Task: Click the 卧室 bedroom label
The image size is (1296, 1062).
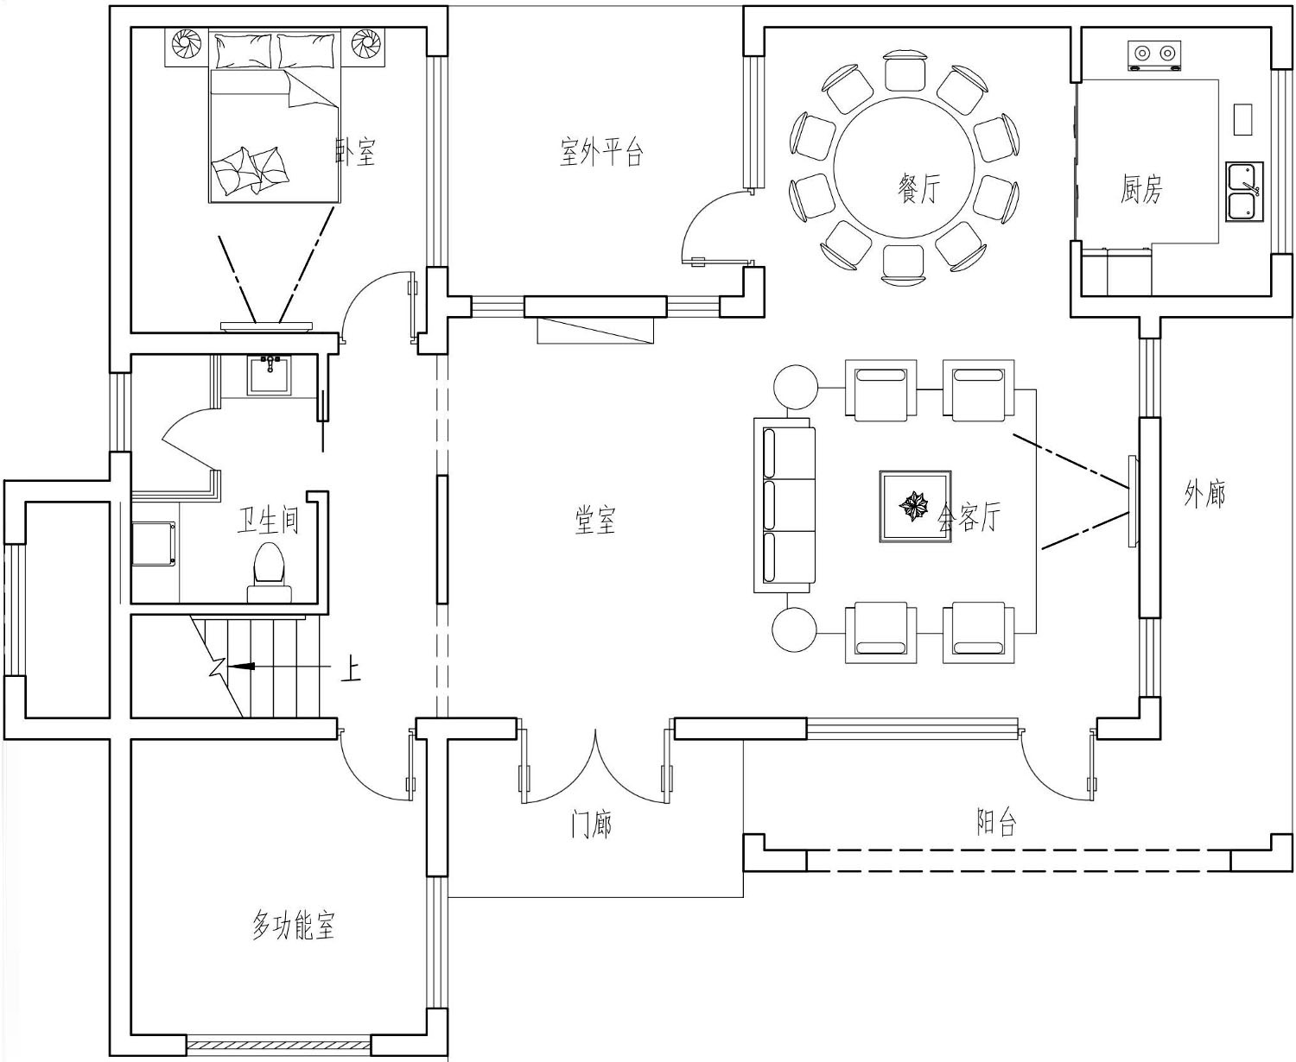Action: pos(355,151)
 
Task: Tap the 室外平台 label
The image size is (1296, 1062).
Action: pos(601,151)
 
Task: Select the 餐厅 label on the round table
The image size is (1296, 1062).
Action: pos(918,187)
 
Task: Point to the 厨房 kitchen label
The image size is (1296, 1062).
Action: pos(1141,188)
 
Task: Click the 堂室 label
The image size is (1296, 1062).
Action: pos(594,521)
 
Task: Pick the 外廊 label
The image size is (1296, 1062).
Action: pos(1205,494)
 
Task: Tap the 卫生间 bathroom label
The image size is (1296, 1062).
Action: pos(268,520)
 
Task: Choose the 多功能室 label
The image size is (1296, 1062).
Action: pos(294,926)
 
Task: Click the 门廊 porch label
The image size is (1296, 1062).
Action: pos(591,824)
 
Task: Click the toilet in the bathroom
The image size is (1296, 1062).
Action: pos(270,572)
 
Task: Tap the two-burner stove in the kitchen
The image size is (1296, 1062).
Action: pos(1154,55)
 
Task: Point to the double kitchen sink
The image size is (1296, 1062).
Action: pos(1244,192)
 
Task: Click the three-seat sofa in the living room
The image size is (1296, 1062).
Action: pos(785,505)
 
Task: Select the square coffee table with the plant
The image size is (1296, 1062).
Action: pos(915,507)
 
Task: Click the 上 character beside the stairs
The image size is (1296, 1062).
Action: pos(351,668)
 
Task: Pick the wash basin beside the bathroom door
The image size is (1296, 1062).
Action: pos(270,375)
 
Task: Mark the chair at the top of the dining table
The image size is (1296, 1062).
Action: pos(905,72)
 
